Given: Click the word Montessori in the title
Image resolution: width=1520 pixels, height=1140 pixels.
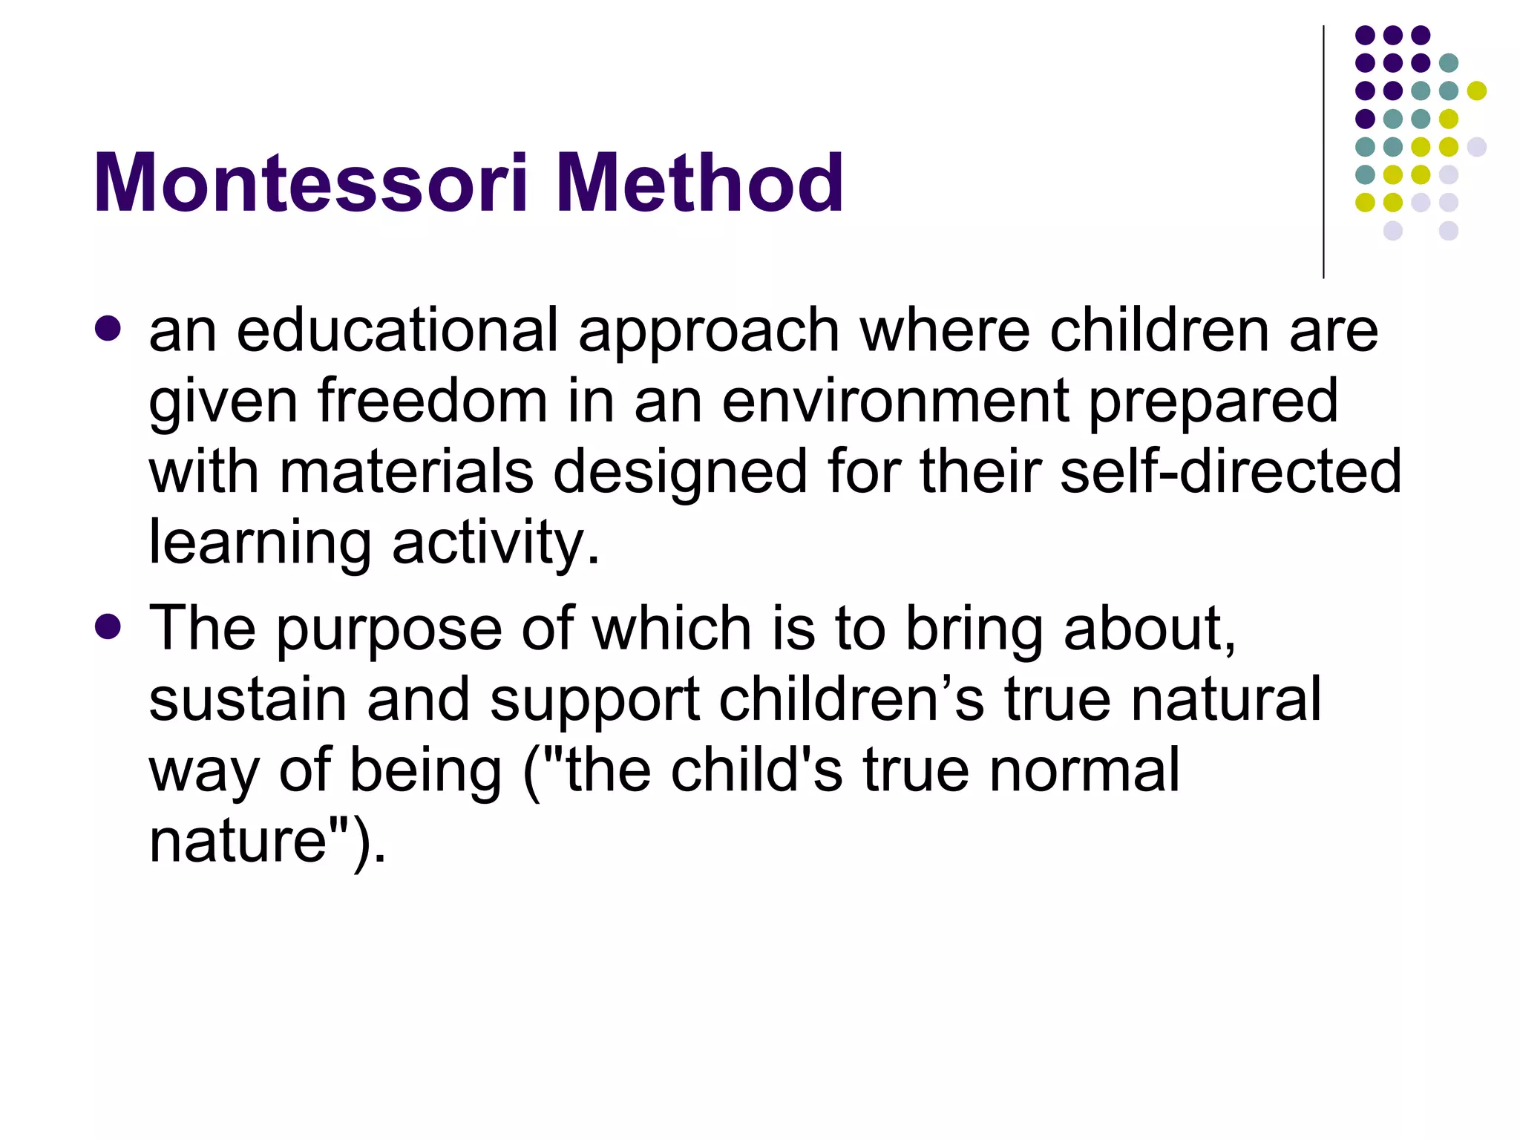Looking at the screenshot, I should point(310,183).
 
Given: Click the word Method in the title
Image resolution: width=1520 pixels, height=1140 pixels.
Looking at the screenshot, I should point(699,183).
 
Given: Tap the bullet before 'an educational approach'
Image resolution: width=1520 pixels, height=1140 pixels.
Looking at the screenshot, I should point(108,328).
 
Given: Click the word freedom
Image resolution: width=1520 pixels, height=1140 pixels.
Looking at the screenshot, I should point(433,402).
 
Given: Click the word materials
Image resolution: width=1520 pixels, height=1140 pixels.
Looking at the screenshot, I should point(406,472).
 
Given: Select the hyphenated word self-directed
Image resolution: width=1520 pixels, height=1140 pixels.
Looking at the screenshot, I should point(1231,472).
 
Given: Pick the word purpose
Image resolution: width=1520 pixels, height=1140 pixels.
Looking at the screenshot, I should point(389,629).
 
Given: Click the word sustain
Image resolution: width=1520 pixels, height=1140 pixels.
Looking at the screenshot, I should point(248,699).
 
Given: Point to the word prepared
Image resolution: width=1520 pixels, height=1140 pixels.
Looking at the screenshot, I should point(1213,402).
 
